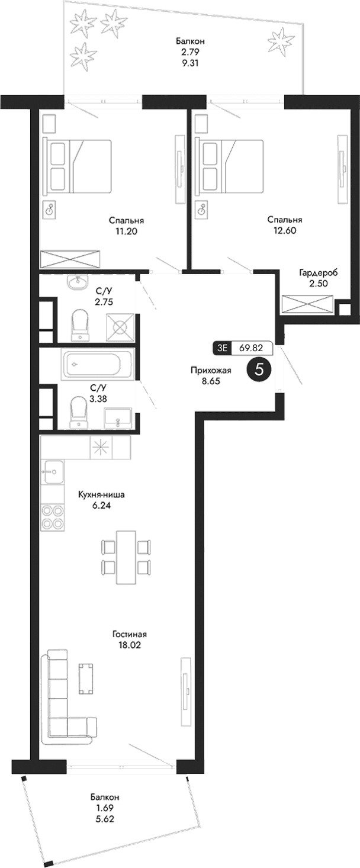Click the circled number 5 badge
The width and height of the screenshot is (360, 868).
(259, 369)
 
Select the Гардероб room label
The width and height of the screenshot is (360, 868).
(318, 272)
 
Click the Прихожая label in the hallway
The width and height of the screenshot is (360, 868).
(210, 371)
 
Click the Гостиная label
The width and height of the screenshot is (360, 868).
(129, 635)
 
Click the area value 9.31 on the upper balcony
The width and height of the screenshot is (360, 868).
(190, 60)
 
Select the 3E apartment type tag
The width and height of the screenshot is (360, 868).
(222, 348)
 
